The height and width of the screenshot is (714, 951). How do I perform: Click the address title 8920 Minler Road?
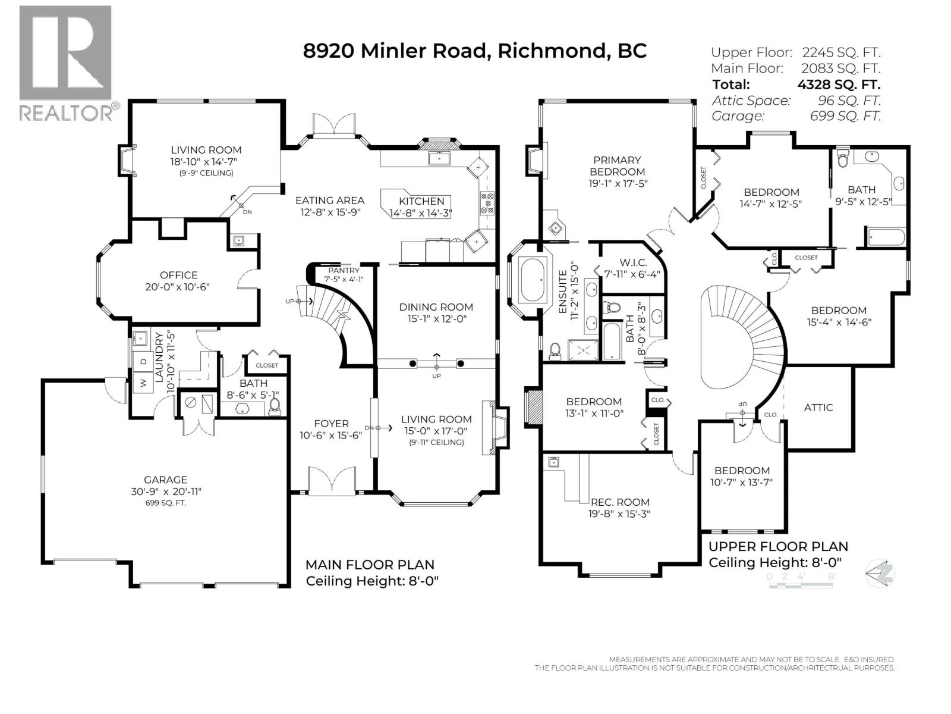coord(395,51)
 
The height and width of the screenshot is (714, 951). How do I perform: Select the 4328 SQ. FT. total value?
coord(839,84)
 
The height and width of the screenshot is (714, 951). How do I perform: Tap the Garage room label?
coord(165,480)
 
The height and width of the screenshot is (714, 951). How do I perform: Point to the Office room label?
coord(178,275)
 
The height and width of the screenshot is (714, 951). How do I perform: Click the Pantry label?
coord(343,271)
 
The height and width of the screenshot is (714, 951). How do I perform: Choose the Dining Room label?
coord(436,307)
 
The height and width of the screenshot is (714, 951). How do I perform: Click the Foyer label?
coord(331,424)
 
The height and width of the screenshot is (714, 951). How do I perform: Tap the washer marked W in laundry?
coord(143,384)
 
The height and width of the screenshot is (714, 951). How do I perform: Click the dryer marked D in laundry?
coord(143,361)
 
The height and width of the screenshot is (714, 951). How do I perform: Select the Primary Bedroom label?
coord(617,165)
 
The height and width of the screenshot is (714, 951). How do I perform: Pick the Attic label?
coord(818,408)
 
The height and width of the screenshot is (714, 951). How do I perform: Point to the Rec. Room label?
coord(620,502)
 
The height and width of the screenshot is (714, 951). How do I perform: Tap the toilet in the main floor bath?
coord(275,406)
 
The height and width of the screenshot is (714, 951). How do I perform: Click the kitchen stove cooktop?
coord(487,202)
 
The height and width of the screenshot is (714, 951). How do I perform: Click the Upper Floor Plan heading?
coord(778,546)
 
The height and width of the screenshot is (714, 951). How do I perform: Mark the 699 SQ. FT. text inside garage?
coord(165,503)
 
